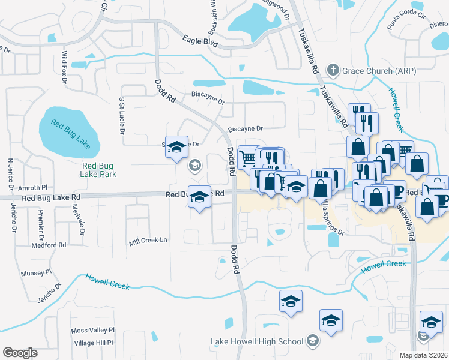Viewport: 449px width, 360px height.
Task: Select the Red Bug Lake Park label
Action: coord(99,170)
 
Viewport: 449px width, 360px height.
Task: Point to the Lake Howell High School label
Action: coord(257,342)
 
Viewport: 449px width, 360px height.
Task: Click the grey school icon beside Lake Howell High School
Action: coord(312,342)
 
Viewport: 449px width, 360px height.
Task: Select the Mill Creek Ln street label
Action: coord(148,241)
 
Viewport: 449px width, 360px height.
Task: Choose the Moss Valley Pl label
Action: coord(92,331)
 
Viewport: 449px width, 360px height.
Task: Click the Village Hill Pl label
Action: coord(93,342)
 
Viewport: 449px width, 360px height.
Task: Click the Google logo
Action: coord(20,353)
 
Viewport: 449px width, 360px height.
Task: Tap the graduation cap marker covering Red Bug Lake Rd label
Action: coord(200,197)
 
